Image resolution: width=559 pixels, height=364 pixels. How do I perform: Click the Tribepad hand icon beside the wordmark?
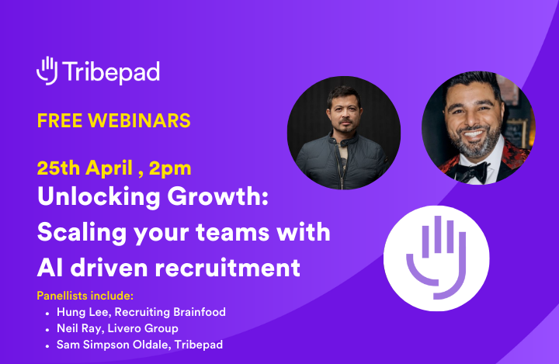point(47,70)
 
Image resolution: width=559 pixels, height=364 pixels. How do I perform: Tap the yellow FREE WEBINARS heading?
point(114,121)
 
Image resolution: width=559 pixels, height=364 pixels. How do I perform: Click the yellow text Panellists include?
point(85,296)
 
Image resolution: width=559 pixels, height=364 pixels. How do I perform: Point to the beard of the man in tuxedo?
point(474,146)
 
